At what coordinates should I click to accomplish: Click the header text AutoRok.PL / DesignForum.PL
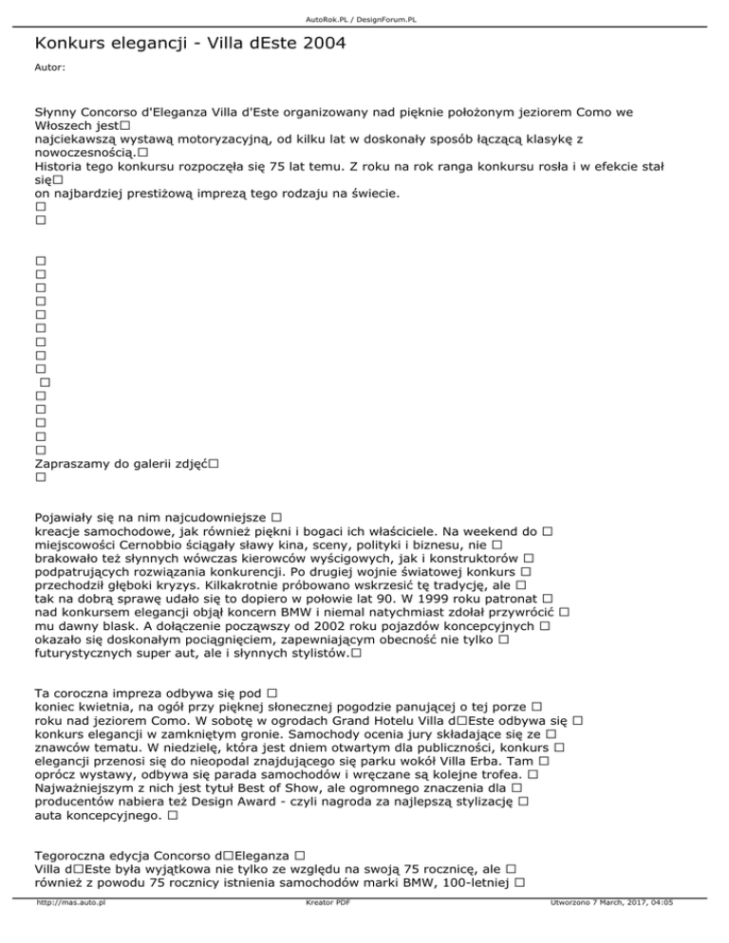click(364, 19)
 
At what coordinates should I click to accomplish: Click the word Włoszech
click(73, 125)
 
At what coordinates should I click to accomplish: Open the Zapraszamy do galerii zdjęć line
click(121, 463)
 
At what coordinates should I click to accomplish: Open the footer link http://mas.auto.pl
click(69, 929)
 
